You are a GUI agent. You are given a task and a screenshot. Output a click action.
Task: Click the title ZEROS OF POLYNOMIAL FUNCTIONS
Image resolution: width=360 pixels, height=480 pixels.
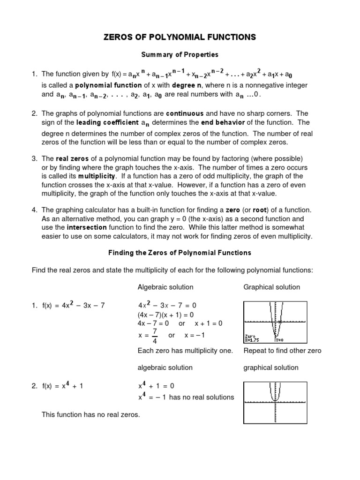180,37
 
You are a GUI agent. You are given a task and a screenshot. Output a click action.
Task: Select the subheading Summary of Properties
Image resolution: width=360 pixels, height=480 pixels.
180,55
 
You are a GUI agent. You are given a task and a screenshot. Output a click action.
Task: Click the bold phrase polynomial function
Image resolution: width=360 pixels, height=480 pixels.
115,85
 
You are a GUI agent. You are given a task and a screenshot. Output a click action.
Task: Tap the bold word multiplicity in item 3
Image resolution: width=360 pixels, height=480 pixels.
97,176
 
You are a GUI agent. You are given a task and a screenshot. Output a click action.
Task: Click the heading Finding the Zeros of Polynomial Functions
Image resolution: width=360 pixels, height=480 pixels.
180,253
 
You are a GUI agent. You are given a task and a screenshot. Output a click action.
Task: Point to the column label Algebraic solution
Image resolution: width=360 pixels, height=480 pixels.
165,287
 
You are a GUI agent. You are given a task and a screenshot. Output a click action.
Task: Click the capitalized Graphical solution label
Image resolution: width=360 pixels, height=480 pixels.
271,287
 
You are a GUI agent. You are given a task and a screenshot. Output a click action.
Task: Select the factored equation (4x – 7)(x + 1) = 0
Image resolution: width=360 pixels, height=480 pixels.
165,315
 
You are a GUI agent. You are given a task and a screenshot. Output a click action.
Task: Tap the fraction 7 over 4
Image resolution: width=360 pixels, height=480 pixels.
154,336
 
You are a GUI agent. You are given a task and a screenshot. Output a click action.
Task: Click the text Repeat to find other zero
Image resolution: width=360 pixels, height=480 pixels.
282,351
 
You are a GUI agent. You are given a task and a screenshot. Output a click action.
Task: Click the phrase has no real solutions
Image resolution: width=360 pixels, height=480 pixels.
201,397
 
